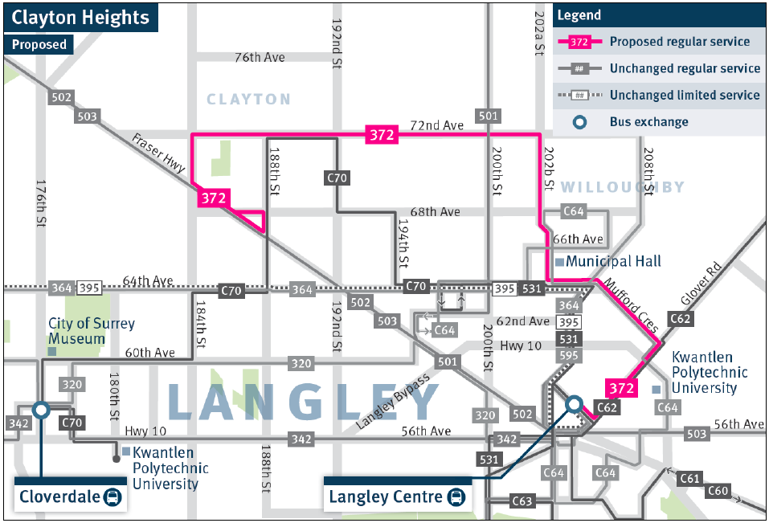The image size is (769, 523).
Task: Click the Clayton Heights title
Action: pos(80,17)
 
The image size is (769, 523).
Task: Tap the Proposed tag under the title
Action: pos(39,45)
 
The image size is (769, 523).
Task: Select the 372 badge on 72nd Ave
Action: pos(381,135)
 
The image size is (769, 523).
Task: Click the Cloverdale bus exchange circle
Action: pos(40,410)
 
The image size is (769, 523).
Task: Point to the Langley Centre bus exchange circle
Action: pos(574,403)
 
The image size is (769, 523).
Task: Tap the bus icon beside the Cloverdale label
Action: pos(113,497)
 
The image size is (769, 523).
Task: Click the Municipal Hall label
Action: pos(613,261)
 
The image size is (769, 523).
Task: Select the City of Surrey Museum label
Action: pos(91,331)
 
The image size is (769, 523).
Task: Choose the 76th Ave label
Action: pos(260,58)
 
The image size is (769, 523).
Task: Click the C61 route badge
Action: pos(689,479)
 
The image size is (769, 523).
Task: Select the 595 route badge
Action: pos(569,355)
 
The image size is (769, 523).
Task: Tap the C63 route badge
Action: pos(522,502)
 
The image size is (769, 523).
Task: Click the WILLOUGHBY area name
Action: pos(622,187)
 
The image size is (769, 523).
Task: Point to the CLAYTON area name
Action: pos(248,99)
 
